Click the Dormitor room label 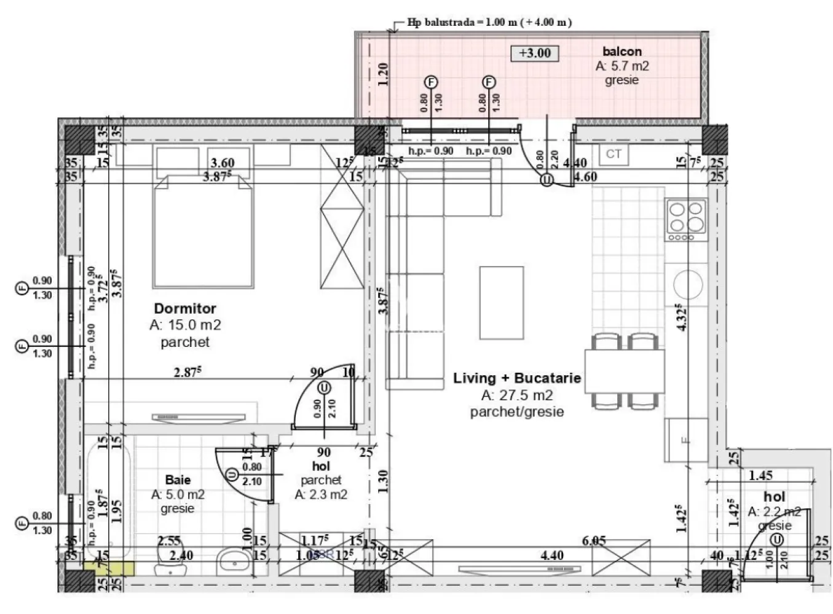click(x=184, y=308)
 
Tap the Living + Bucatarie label click(x=516, y=378)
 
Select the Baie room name click(x=178, y=480)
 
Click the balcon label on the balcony click(x=622, y=52)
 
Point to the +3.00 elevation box click(x=535, y=53)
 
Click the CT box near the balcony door click(x=614, y=154)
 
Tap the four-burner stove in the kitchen click(x=685, y=220)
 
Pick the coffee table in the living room click(x=502, y=302)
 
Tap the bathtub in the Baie click(x=108, y=491)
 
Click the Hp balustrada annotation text click(x=489, y=22)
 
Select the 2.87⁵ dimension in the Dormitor click(x=189, y=371)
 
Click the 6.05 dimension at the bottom click(x=593, y=541)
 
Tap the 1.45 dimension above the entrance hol click(x=760, y=475)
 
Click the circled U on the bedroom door click(x=324, y=388)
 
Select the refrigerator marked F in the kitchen click(x=685, y=440)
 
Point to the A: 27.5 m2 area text click(x=516, y=395)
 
